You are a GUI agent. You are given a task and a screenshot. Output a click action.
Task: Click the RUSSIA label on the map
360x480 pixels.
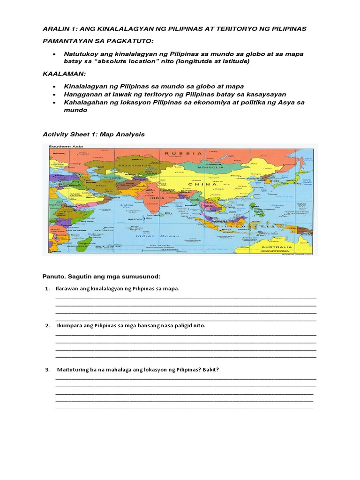coord(186,153)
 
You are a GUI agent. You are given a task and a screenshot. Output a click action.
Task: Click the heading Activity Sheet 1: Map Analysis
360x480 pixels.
coord(94,135)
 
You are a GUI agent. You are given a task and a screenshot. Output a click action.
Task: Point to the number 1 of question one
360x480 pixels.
coord(47,288)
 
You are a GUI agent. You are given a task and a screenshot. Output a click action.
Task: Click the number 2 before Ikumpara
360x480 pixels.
coord(47,325)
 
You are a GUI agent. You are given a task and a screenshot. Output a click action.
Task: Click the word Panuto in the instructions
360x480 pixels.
coord(54,277)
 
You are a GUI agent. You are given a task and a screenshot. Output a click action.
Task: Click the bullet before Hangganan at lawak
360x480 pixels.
coord(55,94)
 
